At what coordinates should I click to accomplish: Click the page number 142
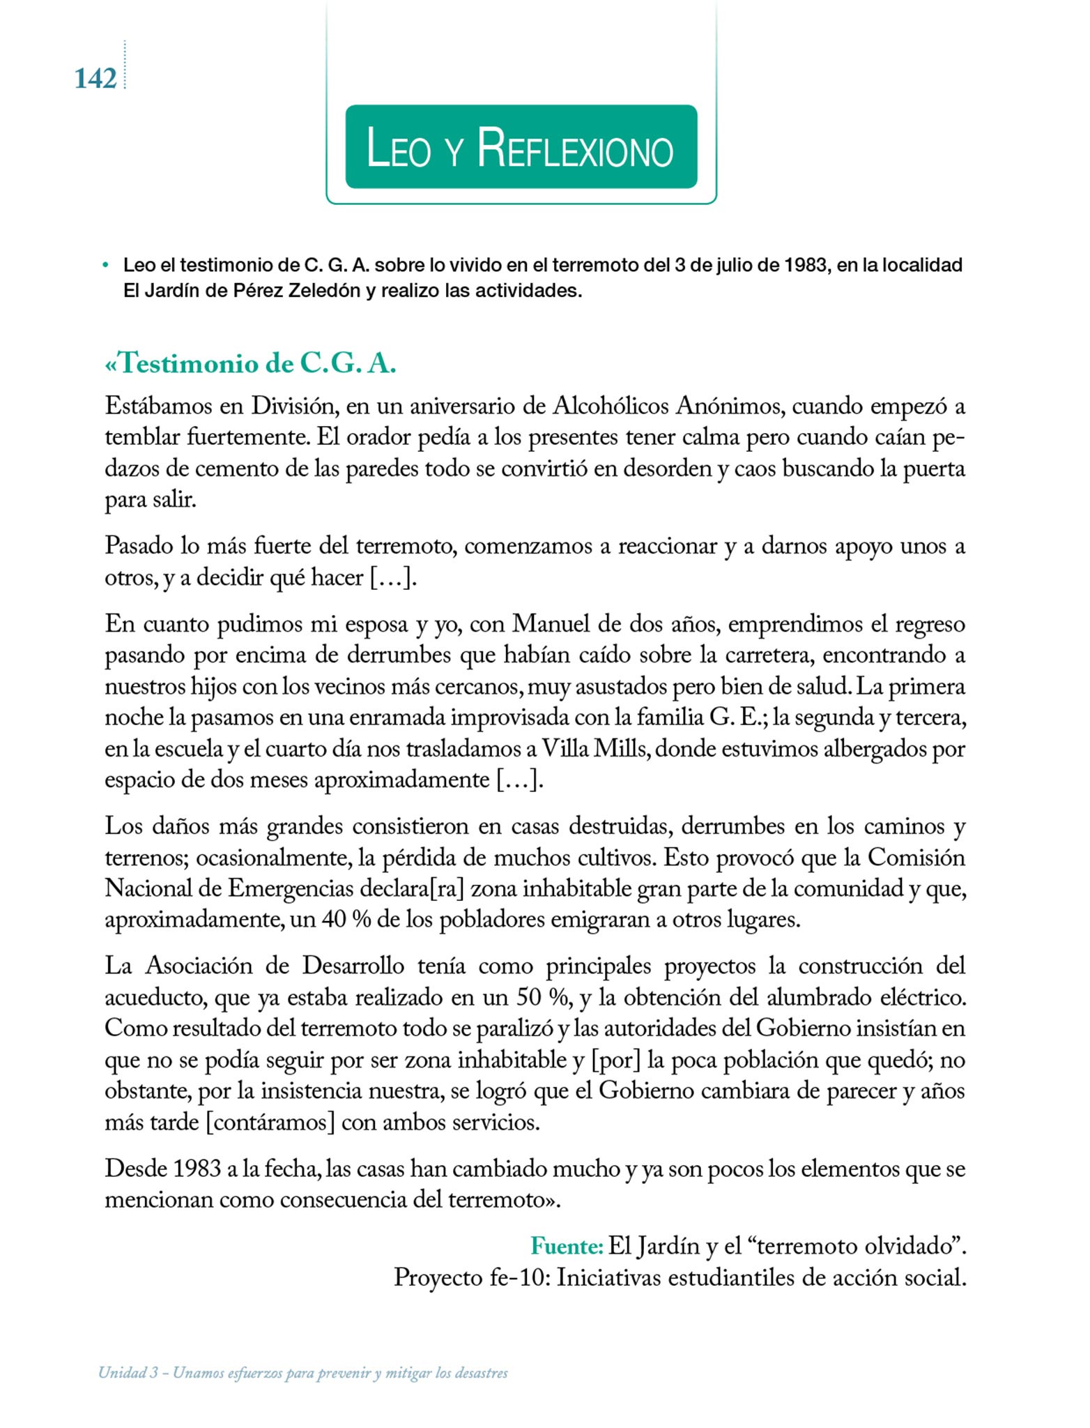95,79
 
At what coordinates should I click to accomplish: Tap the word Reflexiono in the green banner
576,149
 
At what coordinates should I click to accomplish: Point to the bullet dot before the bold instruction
105,266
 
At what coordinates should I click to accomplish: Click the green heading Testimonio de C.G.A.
251,364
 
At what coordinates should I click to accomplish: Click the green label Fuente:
567,1245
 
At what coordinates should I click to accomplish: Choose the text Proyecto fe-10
472,1277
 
